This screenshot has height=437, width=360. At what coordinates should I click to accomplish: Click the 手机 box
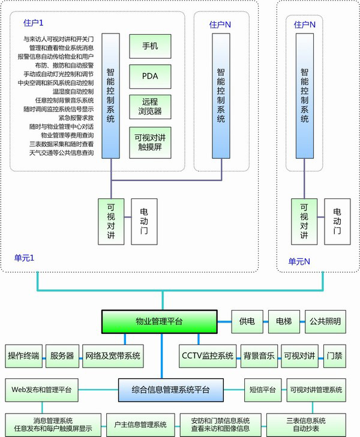151,46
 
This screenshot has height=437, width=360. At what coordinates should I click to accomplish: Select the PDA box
151,76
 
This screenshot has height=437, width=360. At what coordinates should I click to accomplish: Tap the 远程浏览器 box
151,107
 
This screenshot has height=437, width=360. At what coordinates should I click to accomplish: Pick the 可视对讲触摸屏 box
151,142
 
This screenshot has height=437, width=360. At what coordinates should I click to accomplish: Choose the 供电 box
247,322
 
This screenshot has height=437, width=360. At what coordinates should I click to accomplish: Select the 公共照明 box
323,322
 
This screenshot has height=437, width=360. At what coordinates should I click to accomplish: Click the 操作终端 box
24,356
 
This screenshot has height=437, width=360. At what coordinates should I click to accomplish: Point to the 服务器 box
62,356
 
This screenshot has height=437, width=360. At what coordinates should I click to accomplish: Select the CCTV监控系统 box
208,356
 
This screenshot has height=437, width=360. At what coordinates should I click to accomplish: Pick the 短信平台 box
262,390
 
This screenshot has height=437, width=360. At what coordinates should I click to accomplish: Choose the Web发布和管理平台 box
41,390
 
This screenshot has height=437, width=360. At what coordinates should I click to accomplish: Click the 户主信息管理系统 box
140,424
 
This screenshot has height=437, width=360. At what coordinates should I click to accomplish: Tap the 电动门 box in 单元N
337,221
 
